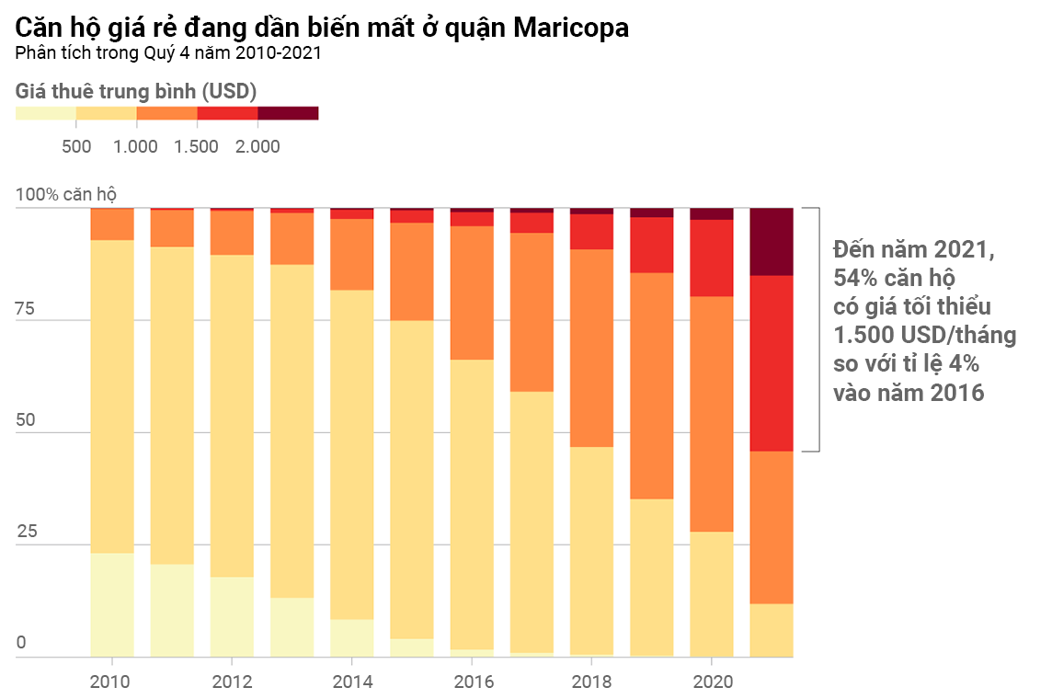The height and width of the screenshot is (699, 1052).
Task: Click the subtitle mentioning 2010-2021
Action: click(x=168, y=53)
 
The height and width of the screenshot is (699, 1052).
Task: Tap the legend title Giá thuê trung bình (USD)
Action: click(x=136, y=91)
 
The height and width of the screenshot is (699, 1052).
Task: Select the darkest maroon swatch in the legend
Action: click(x=288, y=113)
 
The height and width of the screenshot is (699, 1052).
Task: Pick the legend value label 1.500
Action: click(x=196, y=146)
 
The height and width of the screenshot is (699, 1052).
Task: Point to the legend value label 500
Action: click(x=76, y=146)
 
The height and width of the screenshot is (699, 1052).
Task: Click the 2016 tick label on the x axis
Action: click(x=475, y=682)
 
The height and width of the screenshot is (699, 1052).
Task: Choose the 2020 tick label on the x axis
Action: click(x=712, y=682)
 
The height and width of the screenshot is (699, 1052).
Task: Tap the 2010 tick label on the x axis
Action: click(x=111, y=682)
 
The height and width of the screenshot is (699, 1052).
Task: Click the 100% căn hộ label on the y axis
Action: click(x=66, y=195)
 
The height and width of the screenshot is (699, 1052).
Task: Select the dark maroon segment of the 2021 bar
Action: click(x=772, y=242)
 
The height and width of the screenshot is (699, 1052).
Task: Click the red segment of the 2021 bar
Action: click(x=772, y=363)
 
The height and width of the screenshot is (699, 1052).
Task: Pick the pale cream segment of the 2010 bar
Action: click(x=112, y=604)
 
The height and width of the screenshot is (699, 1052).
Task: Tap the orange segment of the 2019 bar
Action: click(x=651, y=385)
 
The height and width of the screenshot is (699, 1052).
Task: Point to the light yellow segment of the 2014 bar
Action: click(x=351, y=454)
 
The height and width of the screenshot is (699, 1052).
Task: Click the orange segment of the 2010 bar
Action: click(x=112, y=224)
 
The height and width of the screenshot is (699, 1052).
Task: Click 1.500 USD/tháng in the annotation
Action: click(x=924, y=335)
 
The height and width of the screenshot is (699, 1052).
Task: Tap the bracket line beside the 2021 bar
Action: click(x=818, y=329)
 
